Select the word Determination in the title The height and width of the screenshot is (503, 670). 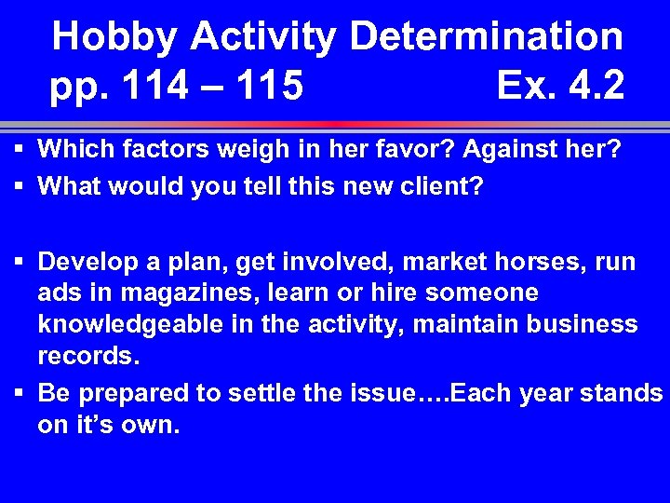(486, 37)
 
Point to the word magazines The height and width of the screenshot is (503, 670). (154, 292)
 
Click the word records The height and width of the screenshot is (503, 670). (85, 356)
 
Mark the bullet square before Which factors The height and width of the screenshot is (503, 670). (20, 149)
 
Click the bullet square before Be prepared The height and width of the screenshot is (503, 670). (20, 394)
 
